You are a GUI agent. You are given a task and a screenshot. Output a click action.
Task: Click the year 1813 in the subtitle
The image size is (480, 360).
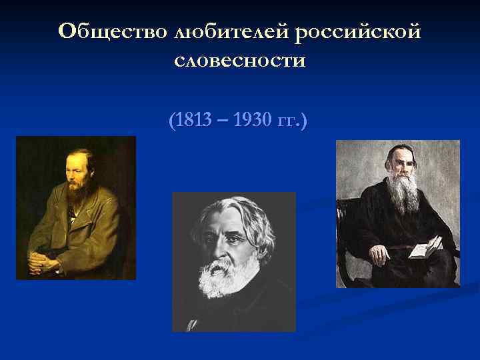click(x=191, y=122)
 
